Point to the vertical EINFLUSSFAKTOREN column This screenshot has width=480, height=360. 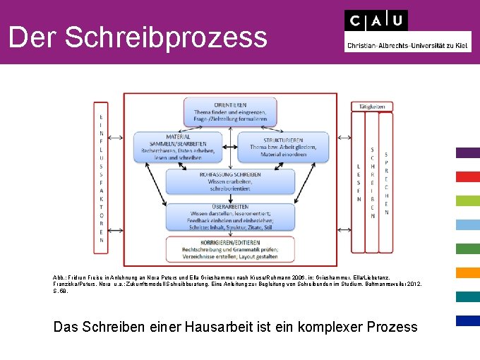click(102, 179)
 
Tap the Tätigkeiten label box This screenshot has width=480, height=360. click(372, 106)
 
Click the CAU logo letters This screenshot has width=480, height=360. click(376, 20)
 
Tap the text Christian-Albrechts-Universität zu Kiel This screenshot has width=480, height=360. click(407, 46)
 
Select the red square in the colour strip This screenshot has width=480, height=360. click(467, 176)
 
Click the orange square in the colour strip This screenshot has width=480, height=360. click(467, 272)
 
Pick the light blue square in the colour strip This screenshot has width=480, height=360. click(467, 224)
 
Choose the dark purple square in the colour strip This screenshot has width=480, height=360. click(467, 152)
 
